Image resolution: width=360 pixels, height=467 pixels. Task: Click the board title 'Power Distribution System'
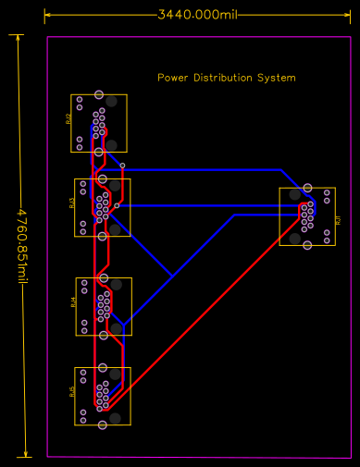click(227, 78)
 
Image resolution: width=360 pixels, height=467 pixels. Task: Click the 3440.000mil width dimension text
click(195, 15)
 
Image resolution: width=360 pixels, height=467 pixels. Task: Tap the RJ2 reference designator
click(68, 119)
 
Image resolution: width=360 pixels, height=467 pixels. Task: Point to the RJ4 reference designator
click(73, 302)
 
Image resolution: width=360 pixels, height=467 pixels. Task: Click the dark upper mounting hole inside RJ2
click(112, 101)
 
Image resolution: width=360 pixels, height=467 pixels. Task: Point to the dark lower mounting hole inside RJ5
click(116, 419)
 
